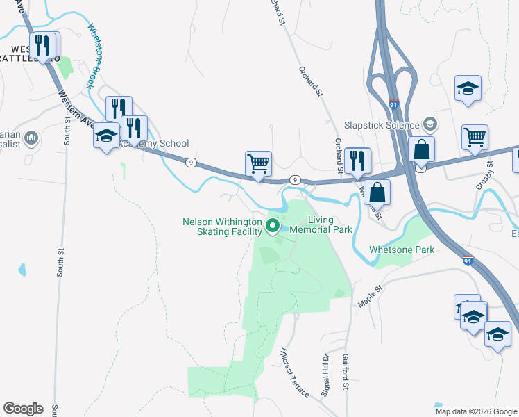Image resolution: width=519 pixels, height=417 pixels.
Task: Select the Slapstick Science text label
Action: [382, 125]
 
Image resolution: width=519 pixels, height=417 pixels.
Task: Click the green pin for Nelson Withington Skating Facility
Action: [273, 226]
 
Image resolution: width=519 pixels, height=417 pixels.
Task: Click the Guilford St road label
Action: [345, 373]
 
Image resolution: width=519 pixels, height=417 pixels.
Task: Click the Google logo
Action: [23, 409]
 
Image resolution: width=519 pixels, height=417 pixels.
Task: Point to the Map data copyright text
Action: [475, 411]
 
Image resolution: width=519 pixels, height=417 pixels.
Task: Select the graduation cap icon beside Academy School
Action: [106, 136]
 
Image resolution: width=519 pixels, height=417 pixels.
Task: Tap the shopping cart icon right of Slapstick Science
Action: [475, 137]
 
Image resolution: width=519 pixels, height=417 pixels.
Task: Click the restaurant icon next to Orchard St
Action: [357, 159]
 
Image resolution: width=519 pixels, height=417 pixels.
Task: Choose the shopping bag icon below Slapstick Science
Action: [421, 149]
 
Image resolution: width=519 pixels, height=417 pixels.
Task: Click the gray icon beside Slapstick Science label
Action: [430, 125]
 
